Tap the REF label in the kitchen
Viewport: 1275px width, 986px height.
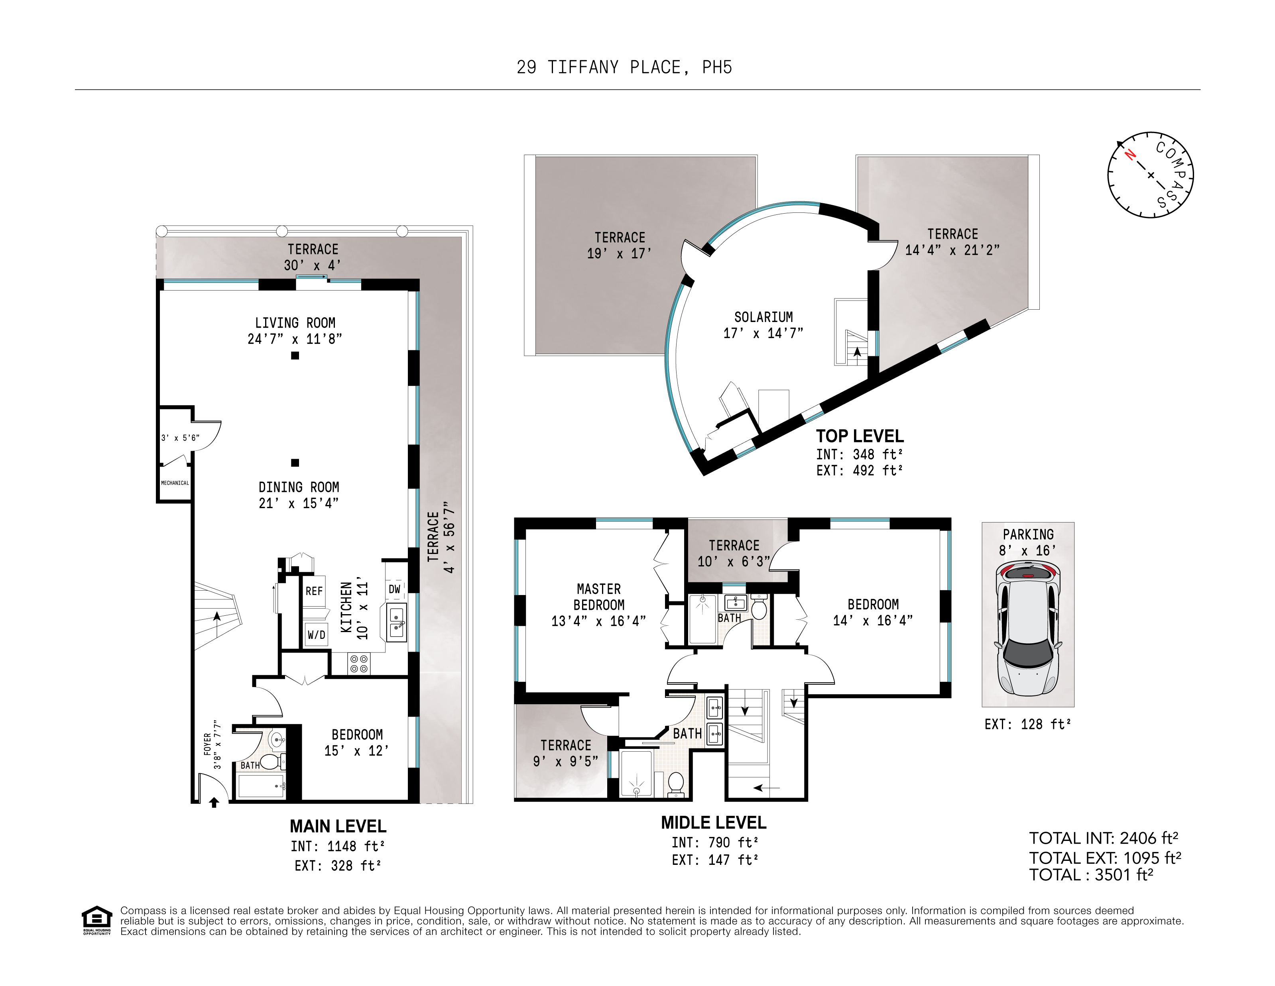pos(314,591)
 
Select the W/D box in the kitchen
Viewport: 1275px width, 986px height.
pos(316,634)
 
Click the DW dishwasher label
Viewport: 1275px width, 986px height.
pos(395,589)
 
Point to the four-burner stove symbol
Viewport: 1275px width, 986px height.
pos(358,663)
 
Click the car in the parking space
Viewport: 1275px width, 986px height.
pos(1027,627)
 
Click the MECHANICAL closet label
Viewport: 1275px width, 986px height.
pos(175,483)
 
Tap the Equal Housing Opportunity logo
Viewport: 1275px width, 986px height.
pos(96,920)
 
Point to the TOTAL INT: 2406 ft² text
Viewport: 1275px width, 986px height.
pos(1104,839)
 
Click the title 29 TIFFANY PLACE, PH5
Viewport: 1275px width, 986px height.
pos(624,68)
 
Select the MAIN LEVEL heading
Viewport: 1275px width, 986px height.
pos(338,826)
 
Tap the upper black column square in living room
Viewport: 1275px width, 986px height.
pos(295,356)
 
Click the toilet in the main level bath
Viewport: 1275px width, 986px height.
pos(269,761)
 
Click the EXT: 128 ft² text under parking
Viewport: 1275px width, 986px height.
pos(1027,724)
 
